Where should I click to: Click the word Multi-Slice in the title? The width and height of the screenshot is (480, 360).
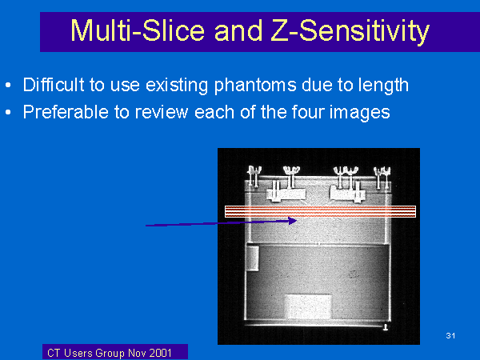click(138, 30)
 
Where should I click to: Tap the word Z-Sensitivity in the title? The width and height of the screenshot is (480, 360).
click(350, 32)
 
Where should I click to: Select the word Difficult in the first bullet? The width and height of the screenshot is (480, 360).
click(54, 85)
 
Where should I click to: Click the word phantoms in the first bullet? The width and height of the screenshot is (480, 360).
click(255, 86)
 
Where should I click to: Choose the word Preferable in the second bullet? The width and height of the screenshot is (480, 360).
click(66, 112)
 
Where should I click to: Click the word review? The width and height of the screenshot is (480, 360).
click(162, 112)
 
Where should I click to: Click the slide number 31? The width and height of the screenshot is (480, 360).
click(450, 335)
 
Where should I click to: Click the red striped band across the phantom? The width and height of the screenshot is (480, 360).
click(320, 211)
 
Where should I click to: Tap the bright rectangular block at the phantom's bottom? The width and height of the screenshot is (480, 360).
click(308, 306)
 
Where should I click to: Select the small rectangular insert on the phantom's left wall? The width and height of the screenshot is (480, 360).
click(253, 258)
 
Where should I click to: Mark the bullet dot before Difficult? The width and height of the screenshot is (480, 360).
click(8, 85)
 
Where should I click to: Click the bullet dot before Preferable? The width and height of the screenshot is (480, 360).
click(8, 112)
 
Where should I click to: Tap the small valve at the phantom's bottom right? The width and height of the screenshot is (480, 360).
click(386, 327)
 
